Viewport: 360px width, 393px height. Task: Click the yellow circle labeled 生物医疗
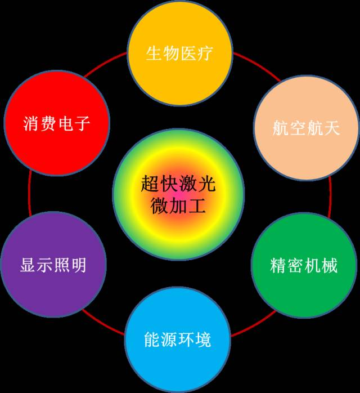coord(180,53)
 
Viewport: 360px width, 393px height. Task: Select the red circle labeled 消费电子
coord(57,123)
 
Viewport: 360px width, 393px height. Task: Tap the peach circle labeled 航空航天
coord(306,127)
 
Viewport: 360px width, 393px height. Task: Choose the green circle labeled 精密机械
coord(304,265)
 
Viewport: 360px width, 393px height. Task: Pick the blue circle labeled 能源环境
coord(178,340)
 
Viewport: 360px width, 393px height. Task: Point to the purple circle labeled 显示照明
coord(53,265)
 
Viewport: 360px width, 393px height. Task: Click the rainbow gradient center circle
coord(178,194)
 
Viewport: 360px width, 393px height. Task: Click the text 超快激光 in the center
coord(178,183)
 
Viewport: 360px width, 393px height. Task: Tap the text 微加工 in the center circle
coord(178,206)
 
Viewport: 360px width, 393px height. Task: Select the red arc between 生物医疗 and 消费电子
coord(104,63)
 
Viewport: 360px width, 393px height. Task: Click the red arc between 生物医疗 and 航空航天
coord(258,65)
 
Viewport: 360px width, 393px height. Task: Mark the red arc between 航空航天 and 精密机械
coord(330,196)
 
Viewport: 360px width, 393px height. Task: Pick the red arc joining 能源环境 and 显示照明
coord(102,323)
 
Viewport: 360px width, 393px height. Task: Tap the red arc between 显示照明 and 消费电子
coord(30,194)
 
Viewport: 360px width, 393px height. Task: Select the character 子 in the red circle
coord(82,123)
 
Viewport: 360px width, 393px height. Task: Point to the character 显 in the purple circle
coord(28,265)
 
